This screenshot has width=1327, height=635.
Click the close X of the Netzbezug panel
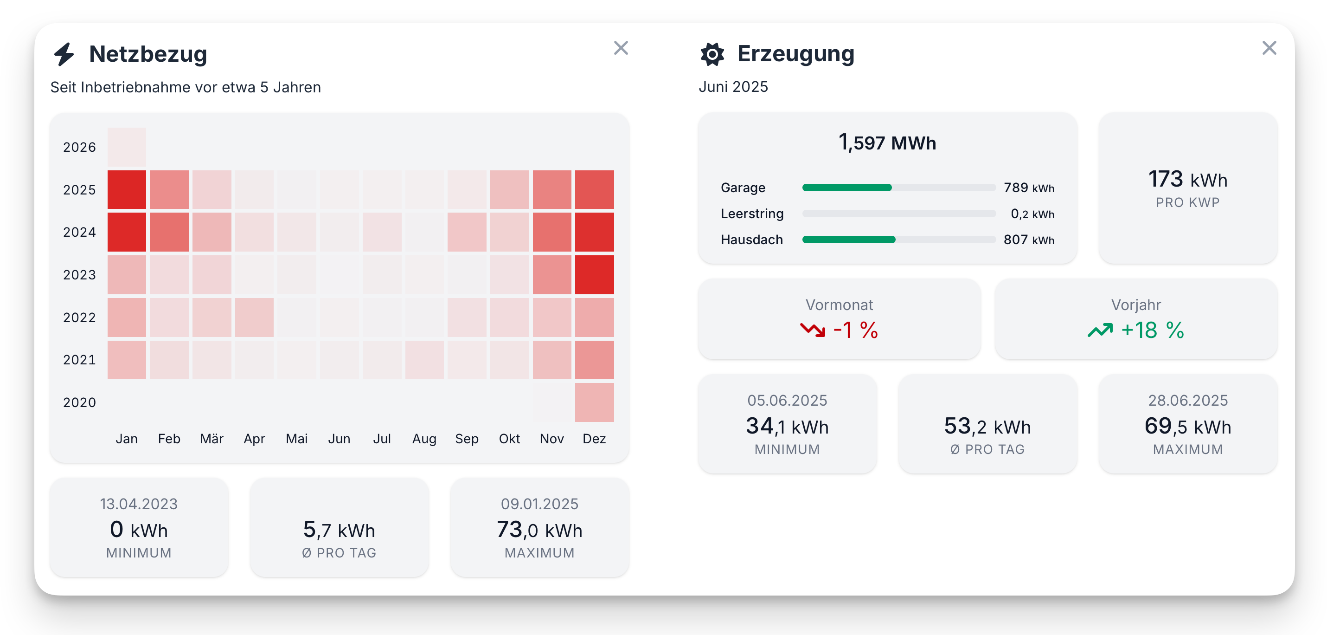[x=621, y=48]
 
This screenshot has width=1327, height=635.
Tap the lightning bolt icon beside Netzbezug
[x=64, y=54]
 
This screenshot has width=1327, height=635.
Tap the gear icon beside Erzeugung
[x=712, y=54]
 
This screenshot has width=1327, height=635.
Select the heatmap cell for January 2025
[x=127, y=190]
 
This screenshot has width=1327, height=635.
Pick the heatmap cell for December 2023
[x=595, y=275]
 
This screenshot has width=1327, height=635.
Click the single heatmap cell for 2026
[x=127, y=147]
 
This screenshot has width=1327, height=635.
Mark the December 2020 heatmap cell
[x=595, y=402]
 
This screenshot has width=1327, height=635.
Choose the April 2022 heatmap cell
[x=255, y=317]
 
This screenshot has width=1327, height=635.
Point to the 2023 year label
[x=79, y=275]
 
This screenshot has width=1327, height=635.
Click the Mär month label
[x=212, y=439]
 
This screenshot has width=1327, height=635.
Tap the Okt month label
[x=509, y=439]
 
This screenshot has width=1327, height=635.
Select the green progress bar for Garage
[x=847, y=188]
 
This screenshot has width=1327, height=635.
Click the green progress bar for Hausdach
[x=849, y=240]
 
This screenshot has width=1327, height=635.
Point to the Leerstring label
[x=752, y=214]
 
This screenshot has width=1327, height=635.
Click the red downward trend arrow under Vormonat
[x=812, y=330]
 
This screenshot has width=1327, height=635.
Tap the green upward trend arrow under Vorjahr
[x=1100, y=330]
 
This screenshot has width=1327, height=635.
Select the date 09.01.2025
[x=539, y=504]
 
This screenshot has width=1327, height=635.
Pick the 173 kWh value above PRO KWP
[x=1187, y=179]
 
